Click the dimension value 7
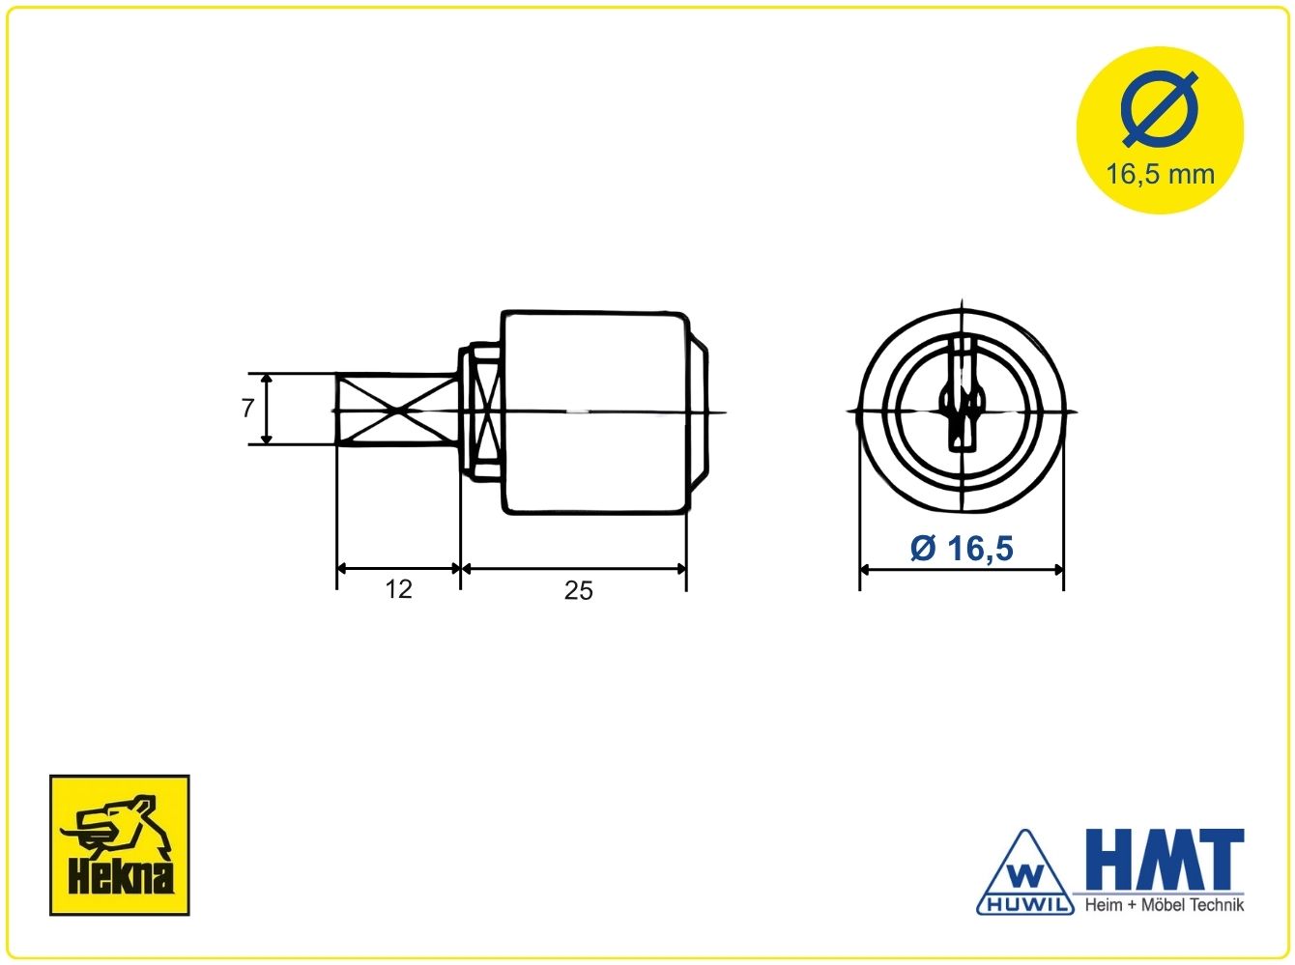tap(247, 408)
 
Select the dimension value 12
tap(398, 589)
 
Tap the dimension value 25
tap(578, 590)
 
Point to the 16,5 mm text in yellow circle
tap(1160, 174)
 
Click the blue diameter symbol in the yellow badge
tap(1160, 109)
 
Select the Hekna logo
tap(119, 845)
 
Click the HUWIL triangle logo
tap(1025, 873)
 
